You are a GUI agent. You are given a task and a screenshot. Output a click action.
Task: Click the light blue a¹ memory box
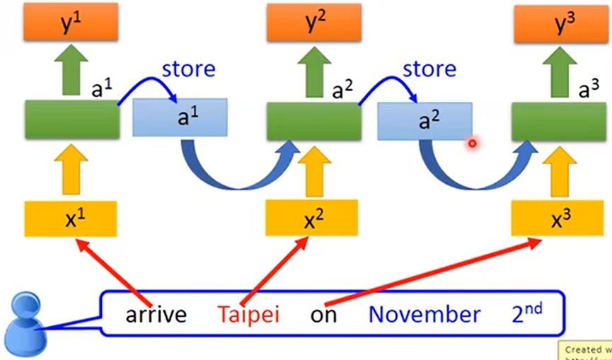180,117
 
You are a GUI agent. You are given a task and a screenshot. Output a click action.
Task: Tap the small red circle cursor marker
472,144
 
